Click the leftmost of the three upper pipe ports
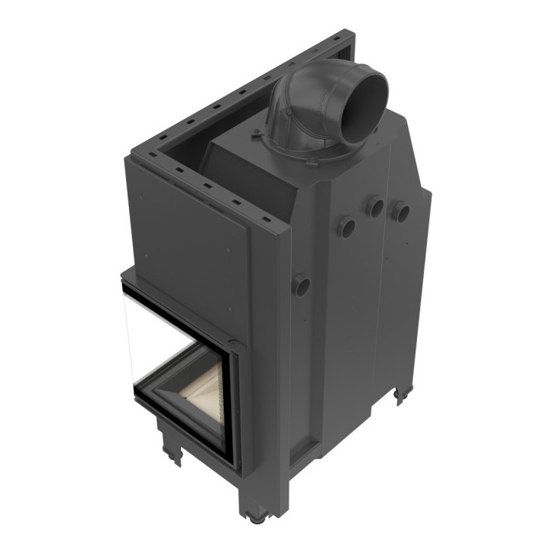click(x=346, y=226)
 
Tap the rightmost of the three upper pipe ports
click(x=400, y=212)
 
